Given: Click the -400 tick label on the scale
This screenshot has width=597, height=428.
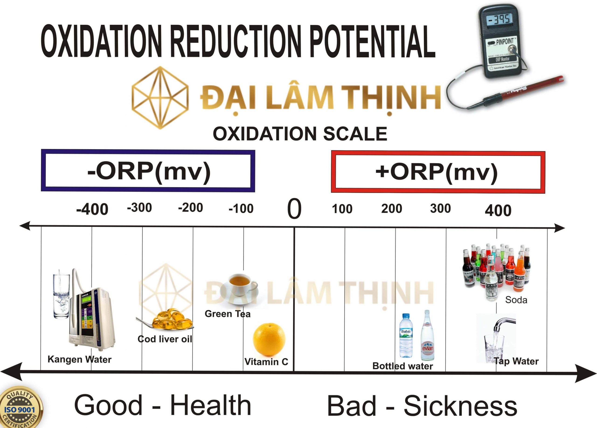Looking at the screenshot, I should pos(92,209).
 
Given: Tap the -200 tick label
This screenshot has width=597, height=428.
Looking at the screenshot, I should pos(190,208).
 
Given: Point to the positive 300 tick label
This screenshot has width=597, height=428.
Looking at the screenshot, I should pos(440,208).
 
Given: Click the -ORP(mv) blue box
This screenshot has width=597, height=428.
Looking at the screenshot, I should pos(148,171).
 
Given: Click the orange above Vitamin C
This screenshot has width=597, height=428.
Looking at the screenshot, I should pos(269,339).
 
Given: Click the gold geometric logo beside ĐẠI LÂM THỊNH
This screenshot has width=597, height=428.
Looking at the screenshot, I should pos(160,98).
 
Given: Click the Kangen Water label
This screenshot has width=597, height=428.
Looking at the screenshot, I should pos(80,359).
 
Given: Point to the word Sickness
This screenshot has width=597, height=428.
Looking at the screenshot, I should pos(460,406).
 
